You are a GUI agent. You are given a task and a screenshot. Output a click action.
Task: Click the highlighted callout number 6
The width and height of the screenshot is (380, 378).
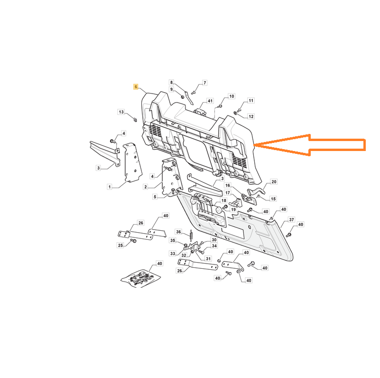click(x=136, y=87)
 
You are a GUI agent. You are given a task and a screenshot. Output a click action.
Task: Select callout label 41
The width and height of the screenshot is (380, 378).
click(x=210, y=101)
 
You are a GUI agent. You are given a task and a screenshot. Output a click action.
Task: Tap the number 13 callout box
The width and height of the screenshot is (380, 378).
click(x=121, y=112)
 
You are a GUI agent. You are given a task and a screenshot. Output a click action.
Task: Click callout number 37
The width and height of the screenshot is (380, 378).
click(x=292, y=219)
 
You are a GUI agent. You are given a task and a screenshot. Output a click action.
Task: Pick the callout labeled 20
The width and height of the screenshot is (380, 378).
click(x=274, y=182)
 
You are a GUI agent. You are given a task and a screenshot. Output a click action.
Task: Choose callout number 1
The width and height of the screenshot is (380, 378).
click(x=110, y=187)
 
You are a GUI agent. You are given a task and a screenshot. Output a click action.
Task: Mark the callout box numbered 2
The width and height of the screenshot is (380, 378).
click(x=146, y=187)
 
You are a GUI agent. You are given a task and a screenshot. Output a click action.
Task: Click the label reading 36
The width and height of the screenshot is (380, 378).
click(x=178, y=232)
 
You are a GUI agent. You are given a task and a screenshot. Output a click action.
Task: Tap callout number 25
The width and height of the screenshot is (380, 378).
click(x=120, y=246)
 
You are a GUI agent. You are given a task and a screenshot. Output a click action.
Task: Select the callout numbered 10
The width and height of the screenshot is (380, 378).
click(x=232, y=96)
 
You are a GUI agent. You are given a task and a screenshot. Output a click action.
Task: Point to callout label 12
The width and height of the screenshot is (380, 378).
click(x=251, y=116)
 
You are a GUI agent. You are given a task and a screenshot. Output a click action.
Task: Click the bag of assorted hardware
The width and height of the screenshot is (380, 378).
click(x=140, y=278)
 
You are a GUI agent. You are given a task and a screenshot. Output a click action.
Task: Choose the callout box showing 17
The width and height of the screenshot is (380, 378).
click(x=228, y=193)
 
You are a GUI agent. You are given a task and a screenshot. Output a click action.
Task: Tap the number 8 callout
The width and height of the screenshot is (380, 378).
click(x=172, y=82)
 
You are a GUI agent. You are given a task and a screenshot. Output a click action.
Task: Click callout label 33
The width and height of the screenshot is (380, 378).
click(x=173, y=254)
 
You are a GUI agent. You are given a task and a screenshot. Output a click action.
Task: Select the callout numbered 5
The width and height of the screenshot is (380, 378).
click(x=155, y=197)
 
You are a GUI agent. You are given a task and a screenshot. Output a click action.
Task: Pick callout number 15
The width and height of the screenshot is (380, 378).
click(x=273, y=199)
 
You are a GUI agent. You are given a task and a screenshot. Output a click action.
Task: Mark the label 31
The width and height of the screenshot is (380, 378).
click(x=208, y=259)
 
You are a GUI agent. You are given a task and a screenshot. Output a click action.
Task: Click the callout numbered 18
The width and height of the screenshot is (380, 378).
click(x=224, y=201)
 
